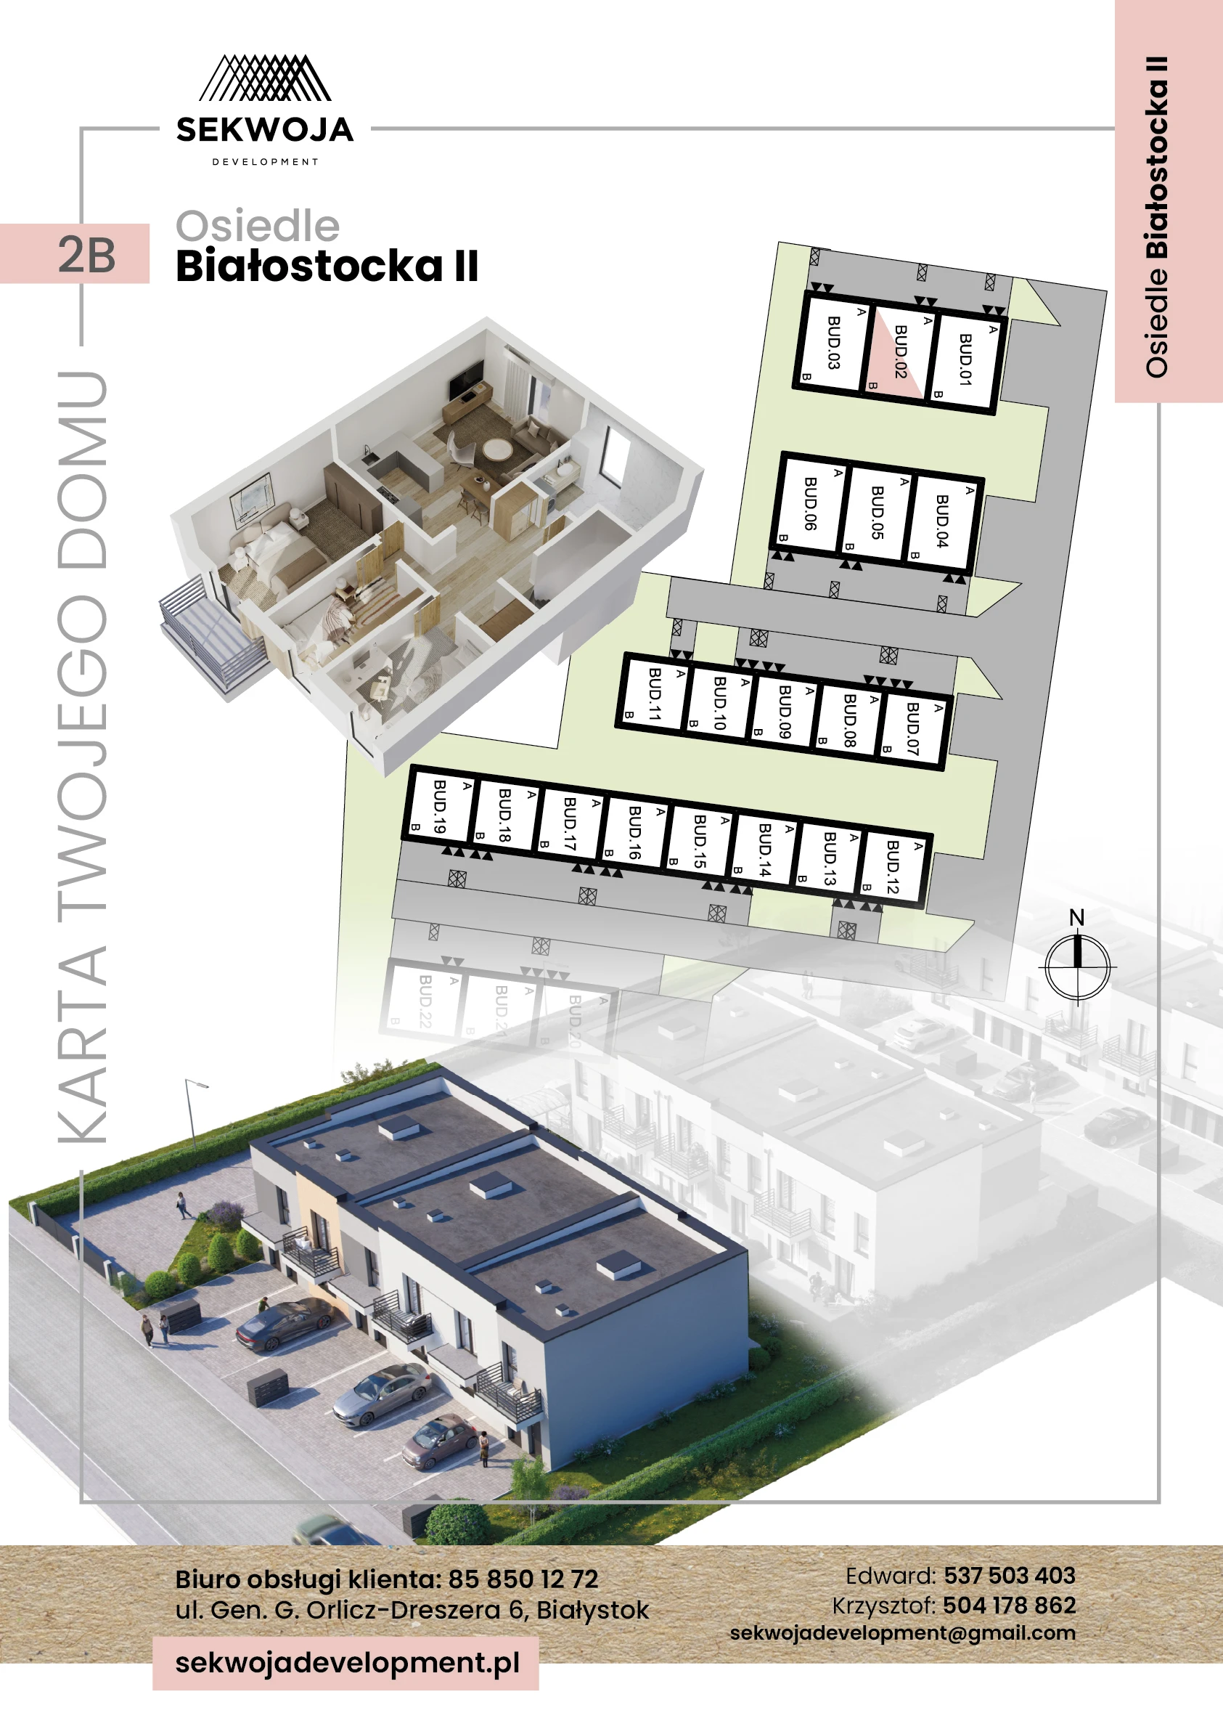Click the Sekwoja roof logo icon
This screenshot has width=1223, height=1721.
264,78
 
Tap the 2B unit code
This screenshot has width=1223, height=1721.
86,255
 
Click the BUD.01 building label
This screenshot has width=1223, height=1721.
965,359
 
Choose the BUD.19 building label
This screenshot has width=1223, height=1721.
440,806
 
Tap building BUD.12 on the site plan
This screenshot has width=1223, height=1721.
893,867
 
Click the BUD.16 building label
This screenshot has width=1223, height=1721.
634,833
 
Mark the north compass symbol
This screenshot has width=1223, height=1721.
1077,965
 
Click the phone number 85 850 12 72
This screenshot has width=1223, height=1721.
523,1579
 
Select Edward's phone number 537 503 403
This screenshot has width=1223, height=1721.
1009,1575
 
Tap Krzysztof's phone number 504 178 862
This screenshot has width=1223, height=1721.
1009,1605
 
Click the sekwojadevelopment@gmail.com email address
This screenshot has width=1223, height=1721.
902,1633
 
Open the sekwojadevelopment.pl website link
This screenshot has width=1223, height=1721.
347,1662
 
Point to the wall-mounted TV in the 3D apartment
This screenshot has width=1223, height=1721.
466,379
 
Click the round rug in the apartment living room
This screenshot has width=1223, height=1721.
497,449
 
